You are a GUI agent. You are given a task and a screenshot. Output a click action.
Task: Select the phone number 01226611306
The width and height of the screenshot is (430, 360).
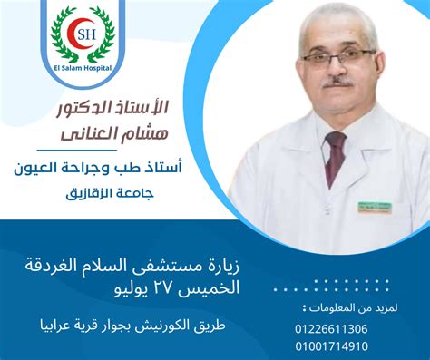pos(331,328)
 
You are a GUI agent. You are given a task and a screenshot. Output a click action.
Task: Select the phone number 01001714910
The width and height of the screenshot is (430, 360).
pos(331,345)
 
